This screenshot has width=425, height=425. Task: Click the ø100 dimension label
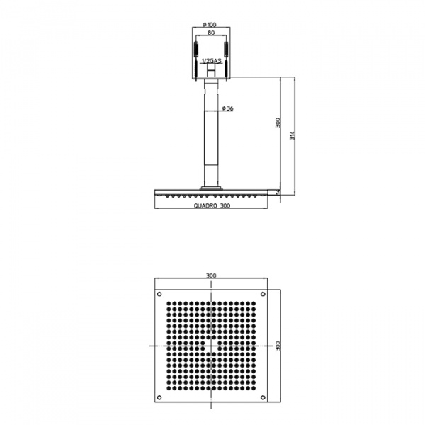210,25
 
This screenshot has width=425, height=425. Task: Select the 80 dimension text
210,33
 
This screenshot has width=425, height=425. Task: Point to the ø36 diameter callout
228,108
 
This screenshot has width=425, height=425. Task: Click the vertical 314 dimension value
293,138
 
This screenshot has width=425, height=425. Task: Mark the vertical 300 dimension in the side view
278,121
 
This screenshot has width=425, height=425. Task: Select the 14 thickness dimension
278,192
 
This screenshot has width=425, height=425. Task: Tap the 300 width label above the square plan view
210,276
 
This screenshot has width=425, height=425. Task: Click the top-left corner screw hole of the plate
159,294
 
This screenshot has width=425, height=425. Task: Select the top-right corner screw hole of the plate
263,294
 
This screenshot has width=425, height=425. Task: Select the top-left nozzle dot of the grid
169,305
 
